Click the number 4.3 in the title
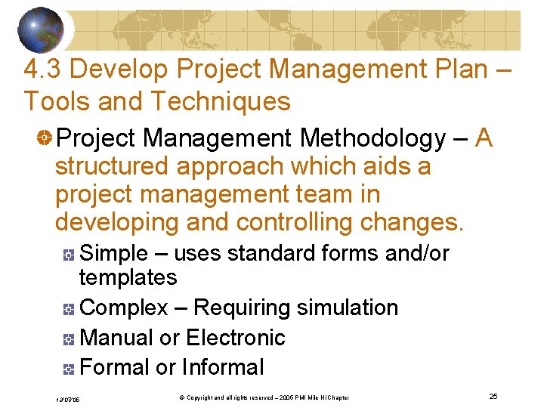(42, 70)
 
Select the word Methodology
(372, 139)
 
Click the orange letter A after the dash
(485, 138)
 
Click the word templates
(128, 278)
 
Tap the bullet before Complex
(68, 309)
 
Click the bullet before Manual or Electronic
(68, 339)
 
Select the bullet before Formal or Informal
(68, 369)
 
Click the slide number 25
(493, 397)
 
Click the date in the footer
(68, 399)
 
